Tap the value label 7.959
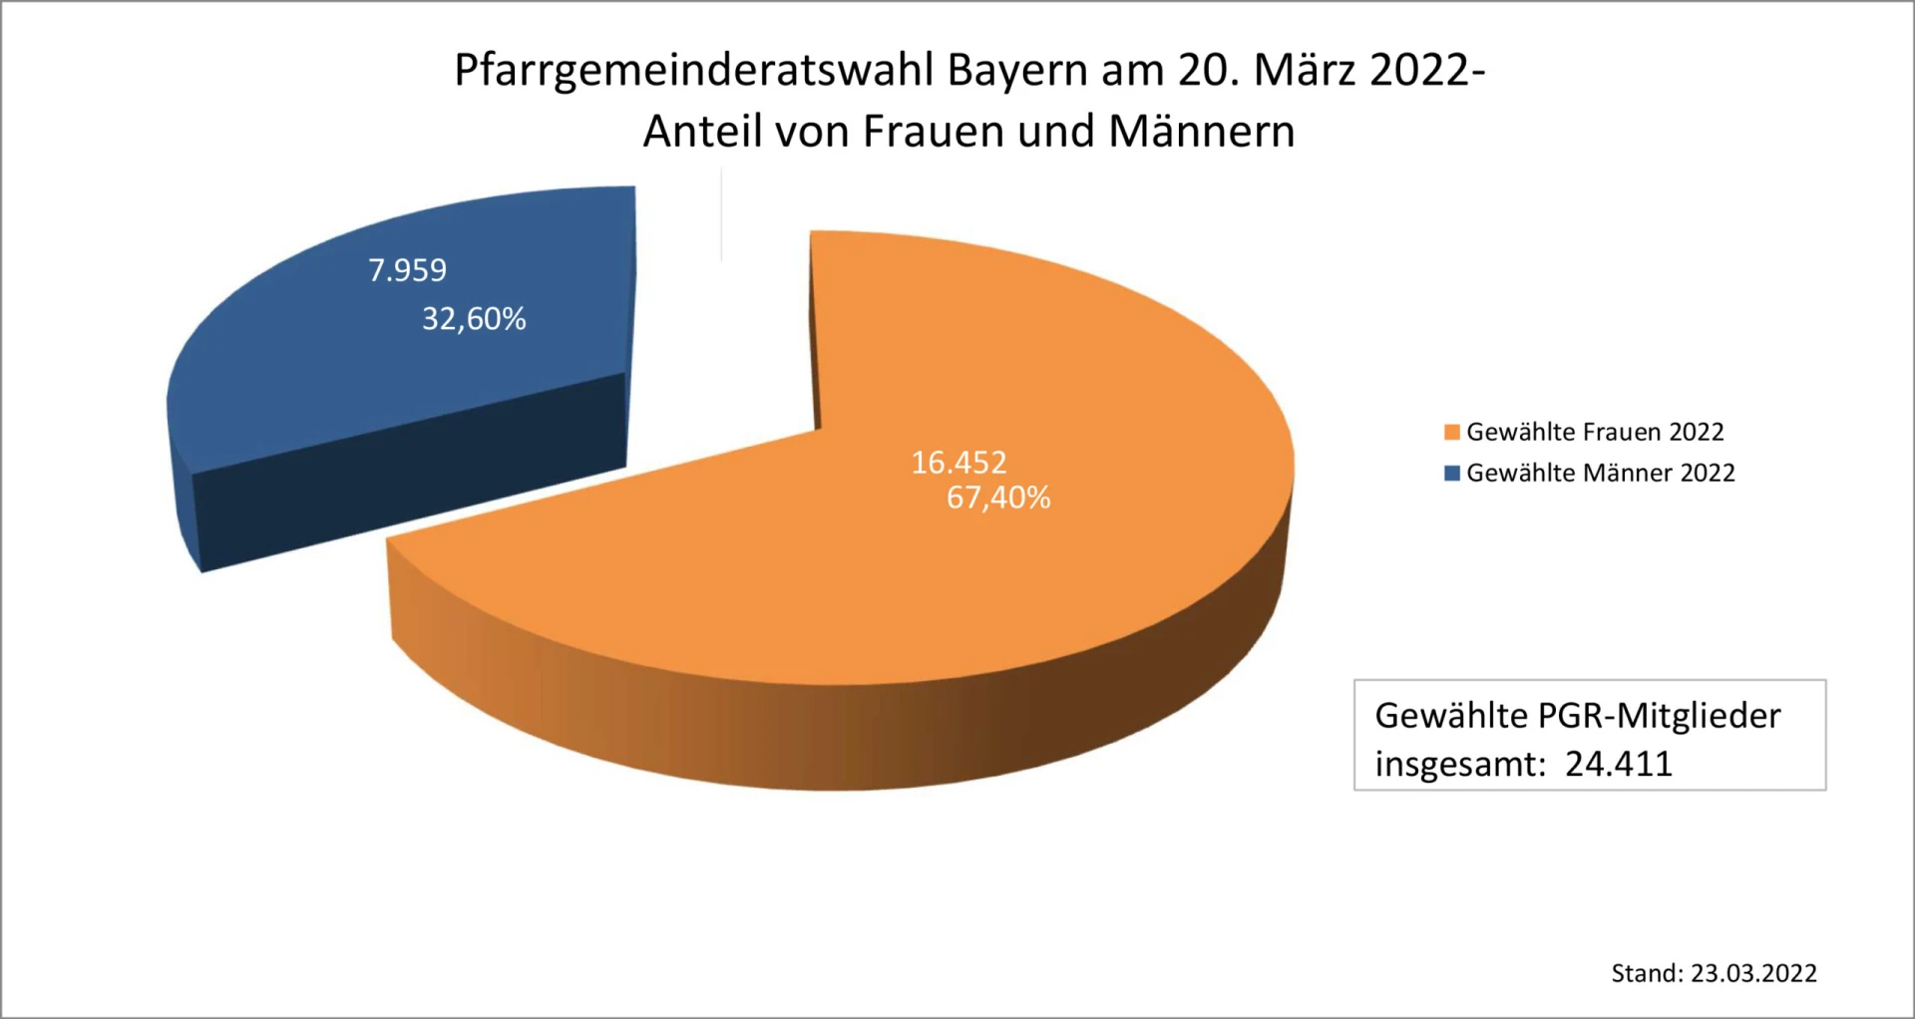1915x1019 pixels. click(x=407, y=270)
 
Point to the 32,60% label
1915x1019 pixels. click(x=474, y=319)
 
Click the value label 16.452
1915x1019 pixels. click(x=958, y=463)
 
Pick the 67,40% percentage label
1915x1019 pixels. click(x=998, y=498)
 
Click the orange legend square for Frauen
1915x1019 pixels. click(x=1452, y=432)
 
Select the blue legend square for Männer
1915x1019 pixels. click(x=1452, y=473)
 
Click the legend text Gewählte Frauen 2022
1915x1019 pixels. click(x=1595, y=432)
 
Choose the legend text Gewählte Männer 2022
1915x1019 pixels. click(x=1601, y=473)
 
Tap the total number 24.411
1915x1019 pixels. click(x=1618, y=764)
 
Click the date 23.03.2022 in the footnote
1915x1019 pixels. click(x=1753, y=973)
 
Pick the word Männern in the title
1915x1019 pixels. click(x=1202, y=131)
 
